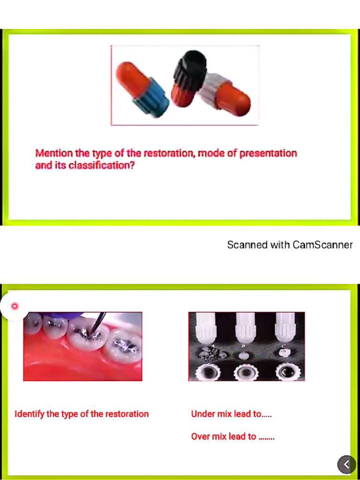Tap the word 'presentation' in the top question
(x=268, y=153)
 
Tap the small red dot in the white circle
(x=15, y=306)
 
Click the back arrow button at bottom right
(x=346, y=465)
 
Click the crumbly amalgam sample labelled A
(x=208, y=353)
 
